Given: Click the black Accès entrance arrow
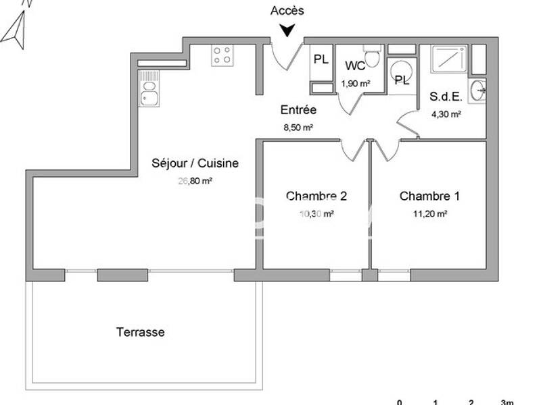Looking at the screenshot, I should (x=287, y=30).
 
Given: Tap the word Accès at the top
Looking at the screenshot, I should (x=287, y=10).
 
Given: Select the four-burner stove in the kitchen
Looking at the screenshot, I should (x=221, y=55).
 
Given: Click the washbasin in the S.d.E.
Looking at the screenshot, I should (x=479, y=89).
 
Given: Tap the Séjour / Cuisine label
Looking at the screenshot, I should (x=195, y=163).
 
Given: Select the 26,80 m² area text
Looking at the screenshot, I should (x=195, y=180).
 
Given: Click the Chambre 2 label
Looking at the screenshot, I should (x=316, y=196).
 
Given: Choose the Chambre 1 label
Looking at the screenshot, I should (x=430, y=196).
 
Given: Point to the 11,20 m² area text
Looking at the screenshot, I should (x=430, y=214).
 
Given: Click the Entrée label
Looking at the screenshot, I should (x=298, y=110).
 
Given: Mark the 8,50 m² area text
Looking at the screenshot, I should (x=298, y=127).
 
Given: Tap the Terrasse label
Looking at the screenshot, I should (x=140, y=332).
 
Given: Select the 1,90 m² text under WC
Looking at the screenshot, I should (x=355, y=84).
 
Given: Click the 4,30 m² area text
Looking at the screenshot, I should (x=446, y=114).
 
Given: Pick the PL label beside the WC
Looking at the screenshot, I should (x=321, y=59).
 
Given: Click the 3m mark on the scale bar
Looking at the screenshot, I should (x=507, y=402).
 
